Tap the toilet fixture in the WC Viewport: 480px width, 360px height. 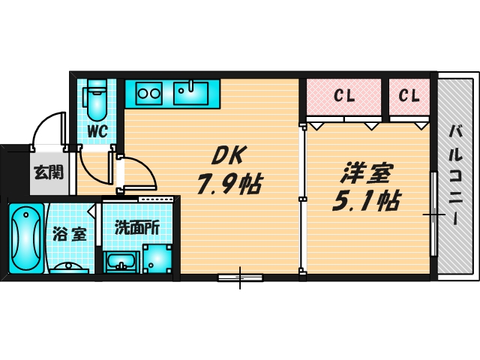pos(97,100)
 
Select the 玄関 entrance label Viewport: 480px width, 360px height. pos(46,172)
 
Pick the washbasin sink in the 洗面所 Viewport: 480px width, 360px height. pos(120,262)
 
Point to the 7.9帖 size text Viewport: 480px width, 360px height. pos(229,184)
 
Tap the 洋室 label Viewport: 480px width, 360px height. pos(365,172)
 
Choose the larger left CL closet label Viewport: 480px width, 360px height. pos(344,96)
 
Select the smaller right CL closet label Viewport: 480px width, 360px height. pos(409,96)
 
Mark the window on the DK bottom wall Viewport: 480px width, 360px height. pos(241,277)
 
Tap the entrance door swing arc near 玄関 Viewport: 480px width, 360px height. pos(51,127)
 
